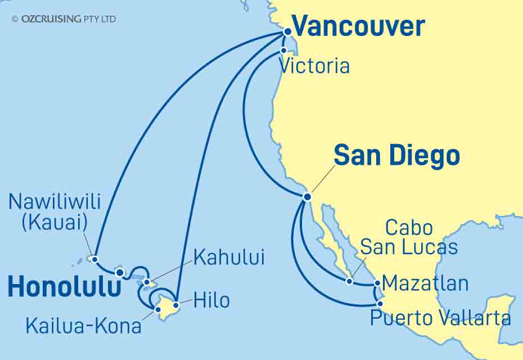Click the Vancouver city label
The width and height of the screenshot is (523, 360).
point(358,26)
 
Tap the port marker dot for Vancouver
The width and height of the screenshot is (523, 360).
point(286,33)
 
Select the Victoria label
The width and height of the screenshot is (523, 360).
point(314,66)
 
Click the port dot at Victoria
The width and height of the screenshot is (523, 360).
point(284,51)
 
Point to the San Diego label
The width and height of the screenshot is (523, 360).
point(396,155)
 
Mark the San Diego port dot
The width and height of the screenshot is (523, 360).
point(307,197)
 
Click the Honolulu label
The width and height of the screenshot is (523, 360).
point(65,288)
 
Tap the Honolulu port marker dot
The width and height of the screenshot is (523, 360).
point(119,273)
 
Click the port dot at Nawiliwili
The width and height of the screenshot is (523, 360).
point(95,259)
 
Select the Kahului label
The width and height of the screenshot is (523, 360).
point(228,258)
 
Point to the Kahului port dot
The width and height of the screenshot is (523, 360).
point(147,282)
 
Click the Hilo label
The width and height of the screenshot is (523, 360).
point(211,300)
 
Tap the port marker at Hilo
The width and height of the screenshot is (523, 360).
point(175,305)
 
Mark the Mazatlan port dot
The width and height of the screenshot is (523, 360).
point(377,283)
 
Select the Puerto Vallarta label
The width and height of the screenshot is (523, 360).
point(440,319)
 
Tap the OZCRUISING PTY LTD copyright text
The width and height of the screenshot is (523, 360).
point(63,19)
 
